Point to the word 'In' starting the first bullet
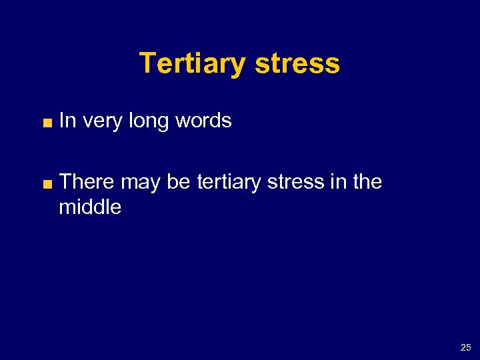(x=66, y=121)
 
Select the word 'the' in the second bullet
(x=367, y=181)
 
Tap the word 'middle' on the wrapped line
(x=90, y=207)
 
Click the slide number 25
(x=465, y=347)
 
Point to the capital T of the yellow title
(x=147, y=64)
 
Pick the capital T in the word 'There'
(x=65, y=181)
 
